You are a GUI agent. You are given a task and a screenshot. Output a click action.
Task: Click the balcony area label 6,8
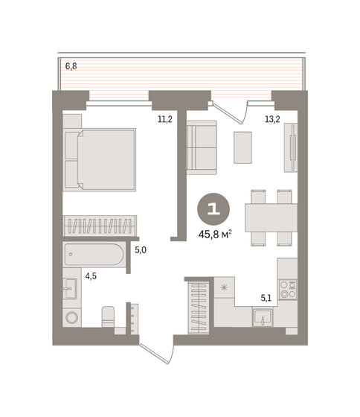(71, 66)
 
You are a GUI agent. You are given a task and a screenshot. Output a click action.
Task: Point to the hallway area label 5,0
(140, 250)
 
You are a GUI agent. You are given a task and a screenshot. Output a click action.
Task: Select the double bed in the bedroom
(100, 158)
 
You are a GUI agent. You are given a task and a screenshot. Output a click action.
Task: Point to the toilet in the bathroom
(107, 316)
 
